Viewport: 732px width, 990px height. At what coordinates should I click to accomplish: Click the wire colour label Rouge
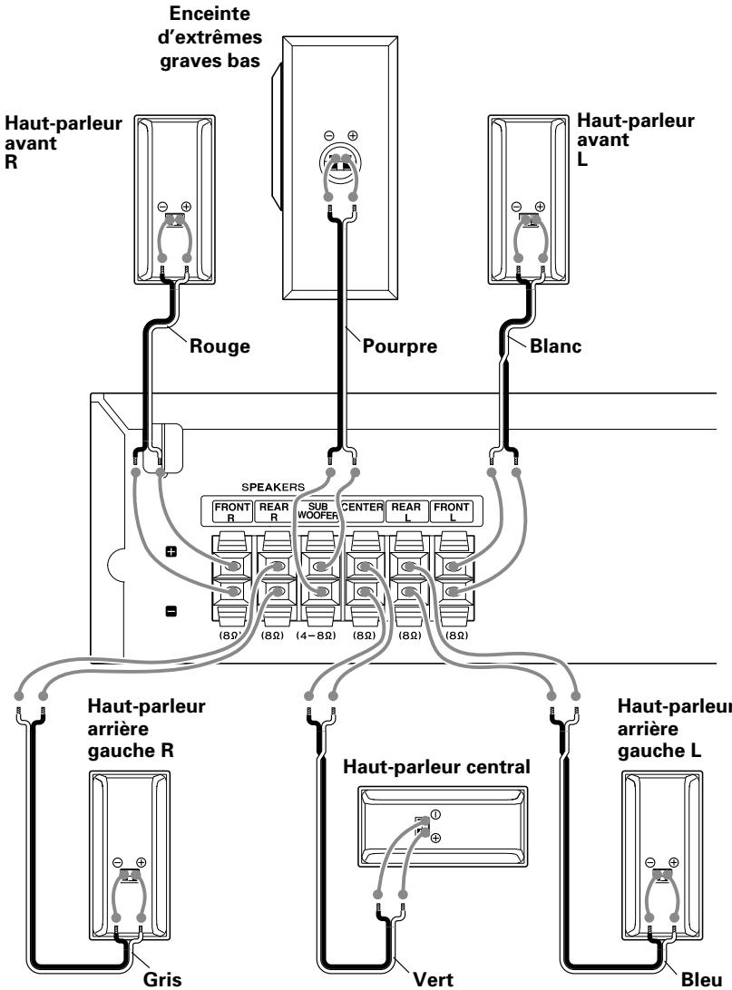click(x=220, y=346)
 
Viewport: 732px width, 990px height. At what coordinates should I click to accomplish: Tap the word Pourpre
click(x=399, y=346)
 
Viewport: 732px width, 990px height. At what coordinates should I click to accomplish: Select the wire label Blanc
click(x=555, y=346)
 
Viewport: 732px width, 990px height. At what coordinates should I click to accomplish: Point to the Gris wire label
click(x=162, y=979)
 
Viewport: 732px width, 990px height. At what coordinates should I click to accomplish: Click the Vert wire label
click(x=433, y=979)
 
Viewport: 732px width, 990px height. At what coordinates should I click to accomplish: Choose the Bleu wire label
click(x=701, y=979)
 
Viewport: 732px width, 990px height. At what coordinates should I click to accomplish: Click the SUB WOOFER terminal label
click(x=317, y=510)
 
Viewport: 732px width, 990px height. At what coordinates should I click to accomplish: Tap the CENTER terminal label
click(x=362, y=507)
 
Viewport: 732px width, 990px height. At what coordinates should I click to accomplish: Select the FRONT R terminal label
click(x=232, y=511)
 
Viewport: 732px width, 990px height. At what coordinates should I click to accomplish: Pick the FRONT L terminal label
click(x=451, y=511)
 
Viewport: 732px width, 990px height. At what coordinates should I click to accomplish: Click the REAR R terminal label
click(x=274, y=511)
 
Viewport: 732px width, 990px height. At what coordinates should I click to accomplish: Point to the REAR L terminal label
click(x=405, y=511)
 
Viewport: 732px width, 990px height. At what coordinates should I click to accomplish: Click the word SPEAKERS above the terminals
click(x=273, y=488)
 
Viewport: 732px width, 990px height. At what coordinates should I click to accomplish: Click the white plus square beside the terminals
click(x=171, y=552)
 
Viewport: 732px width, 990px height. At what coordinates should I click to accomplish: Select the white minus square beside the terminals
click(x=171, y=611)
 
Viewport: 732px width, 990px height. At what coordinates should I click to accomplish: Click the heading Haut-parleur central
click(x=436, y=767)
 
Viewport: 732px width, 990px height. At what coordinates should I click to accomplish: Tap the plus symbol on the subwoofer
click(x=353, y=135)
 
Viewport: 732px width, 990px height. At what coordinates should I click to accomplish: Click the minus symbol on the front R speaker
click(x=162, y=207)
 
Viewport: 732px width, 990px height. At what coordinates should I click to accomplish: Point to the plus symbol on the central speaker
click(x=435, y=838)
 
